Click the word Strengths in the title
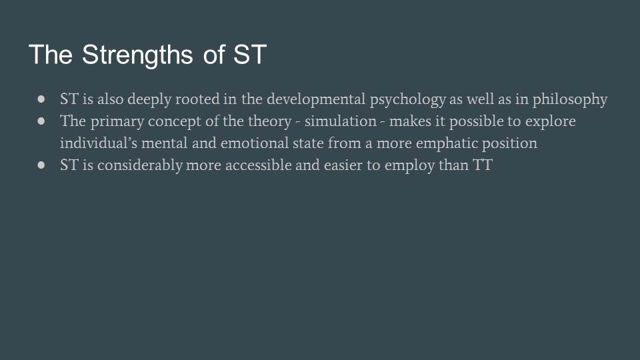[x=137, y=55]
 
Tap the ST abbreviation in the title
[x=250, y=54]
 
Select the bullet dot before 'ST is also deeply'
[x=41, y=99]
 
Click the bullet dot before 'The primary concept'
[x=41, y=121]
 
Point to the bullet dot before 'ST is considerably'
[x=41, y=165]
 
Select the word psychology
[x=407, y=100]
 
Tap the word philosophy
[x=570, y=100]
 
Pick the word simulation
[x=341, y=121]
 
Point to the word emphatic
[x=447, y=144]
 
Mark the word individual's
[x=99, y=143]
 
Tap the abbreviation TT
[x=483, y=165]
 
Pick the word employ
[x=409, y=166]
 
